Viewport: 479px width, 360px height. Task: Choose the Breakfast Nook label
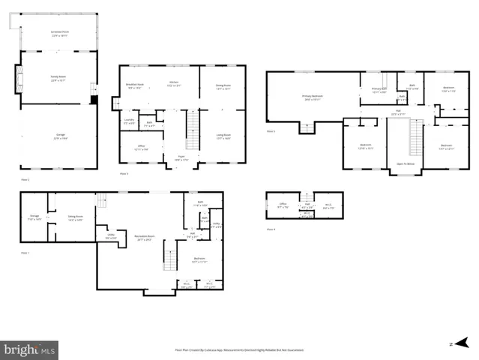coord(135,86)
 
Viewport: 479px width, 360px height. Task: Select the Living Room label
coord(223,136)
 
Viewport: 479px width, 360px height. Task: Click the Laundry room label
coord(129,120)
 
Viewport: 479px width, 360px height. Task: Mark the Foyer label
coord(181,157)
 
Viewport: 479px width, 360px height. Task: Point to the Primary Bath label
coord(379,91)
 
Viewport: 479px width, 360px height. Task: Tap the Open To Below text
coord(406,163)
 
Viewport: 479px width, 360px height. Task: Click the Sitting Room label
coord(75,217)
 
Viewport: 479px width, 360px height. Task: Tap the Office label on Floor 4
coord(283,205)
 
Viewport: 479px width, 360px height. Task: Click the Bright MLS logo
coord(30,349)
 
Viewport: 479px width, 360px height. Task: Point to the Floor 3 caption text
coord(271,130)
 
